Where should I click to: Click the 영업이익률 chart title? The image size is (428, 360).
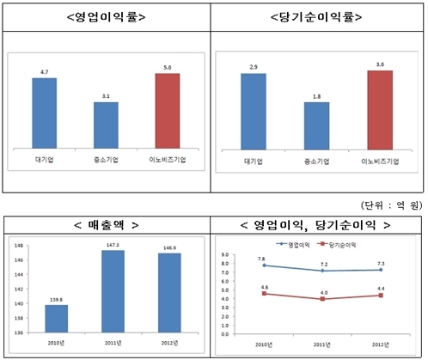pyautogui.click(x=107, y=16)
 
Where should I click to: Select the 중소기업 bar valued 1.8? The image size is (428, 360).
pyautogui.click(x=316, y=127)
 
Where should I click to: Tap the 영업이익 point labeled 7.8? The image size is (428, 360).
pyautogui.click(x=261, y=265)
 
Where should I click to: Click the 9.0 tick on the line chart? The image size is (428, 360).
pyautogui.click(x=226, y=255)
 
